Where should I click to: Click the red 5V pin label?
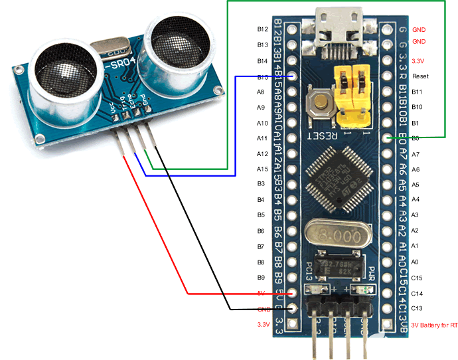click(261, 293)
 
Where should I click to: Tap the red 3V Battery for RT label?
click(435, 325)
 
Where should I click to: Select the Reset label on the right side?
click(420, 76)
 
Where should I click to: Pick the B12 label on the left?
click(262, 30)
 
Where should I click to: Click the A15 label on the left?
click(262, 169)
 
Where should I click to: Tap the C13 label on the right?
click(418, 308)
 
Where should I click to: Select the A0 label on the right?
click(416, 262)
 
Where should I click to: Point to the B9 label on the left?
click(261, 278)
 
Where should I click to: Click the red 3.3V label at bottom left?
click(263, 325)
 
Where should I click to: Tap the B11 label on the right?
click(418, 92)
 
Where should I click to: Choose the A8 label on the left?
click(261, 92)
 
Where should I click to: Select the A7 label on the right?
click(416, 154)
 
